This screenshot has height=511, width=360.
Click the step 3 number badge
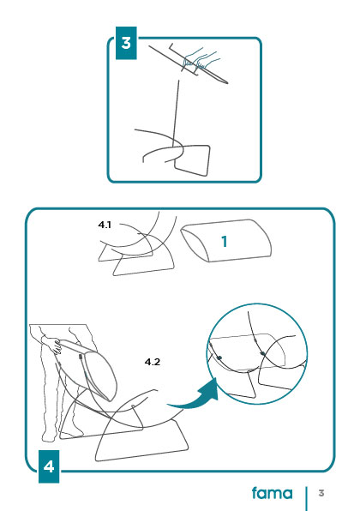tap(126, 43)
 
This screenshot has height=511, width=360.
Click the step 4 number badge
tap(49, 466)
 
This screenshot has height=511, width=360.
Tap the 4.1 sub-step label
tap(105, 225)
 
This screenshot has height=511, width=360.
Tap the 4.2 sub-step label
tap(153, 362)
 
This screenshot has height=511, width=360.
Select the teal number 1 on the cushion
tap(225, 242)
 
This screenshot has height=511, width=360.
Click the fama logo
tap(273, 493)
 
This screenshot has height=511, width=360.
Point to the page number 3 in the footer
tap(321, 493)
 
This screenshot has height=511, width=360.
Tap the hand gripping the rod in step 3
tap(200, 60)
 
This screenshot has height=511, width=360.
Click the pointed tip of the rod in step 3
tap(227, 83)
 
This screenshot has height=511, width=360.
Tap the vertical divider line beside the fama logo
tap(306, 499)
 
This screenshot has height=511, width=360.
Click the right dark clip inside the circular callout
tap(262, 353)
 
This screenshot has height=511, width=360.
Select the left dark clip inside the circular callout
tap(219, 358)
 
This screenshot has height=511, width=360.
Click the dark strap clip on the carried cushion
tap(80, 356)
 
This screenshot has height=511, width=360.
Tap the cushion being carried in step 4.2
tap(88, 369)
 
